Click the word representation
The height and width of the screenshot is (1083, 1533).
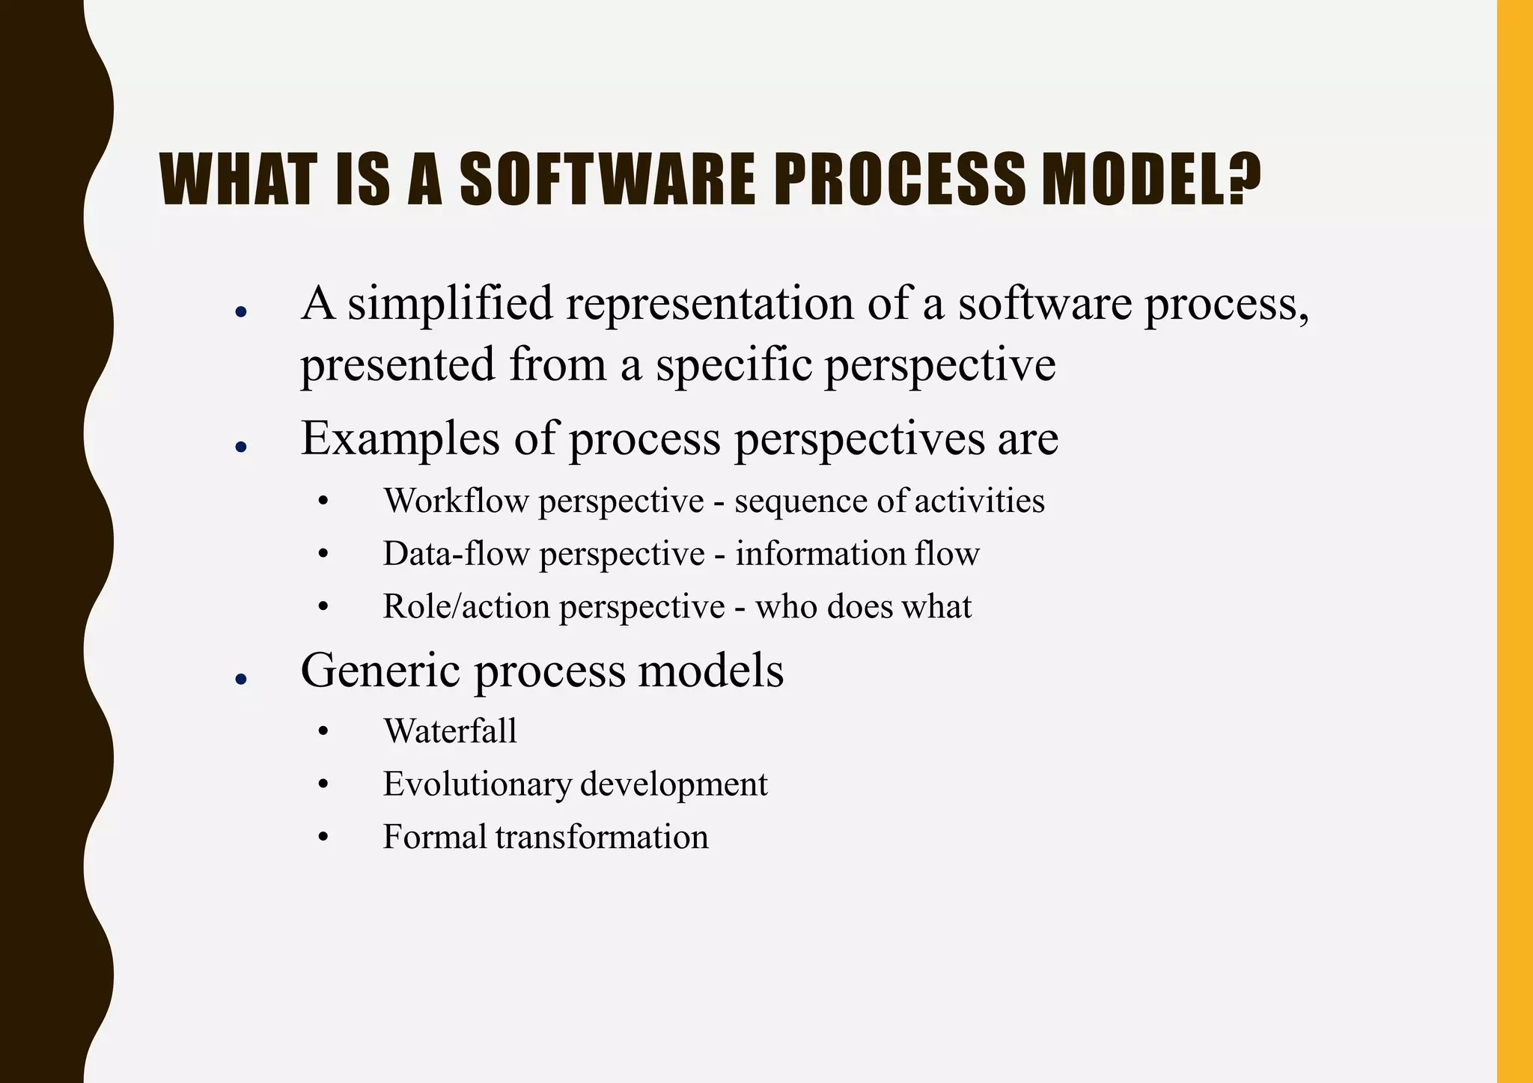click(709, 304)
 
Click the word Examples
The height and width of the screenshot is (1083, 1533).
click(400, 439)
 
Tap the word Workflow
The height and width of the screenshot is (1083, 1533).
click(456, 501)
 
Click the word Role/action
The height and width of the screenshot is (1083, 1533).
click(466, 606)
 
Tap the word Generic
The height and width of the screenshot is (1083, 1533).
click(380, 670)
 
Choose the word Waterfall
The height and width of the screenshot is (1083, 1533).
click(450, 731)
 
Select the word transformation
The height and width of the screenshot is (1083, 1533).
click(601, 837)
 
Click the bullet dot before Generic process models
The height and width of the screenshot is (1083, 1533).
click(240, 679)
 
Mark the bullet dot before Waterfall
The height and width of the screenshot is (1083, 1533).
click(323, 732)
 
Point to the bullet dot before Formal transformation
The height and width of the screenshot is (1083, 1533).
click(323, 838)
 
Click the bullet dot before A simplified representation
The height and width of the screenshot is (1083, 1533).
click(240, 312)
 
